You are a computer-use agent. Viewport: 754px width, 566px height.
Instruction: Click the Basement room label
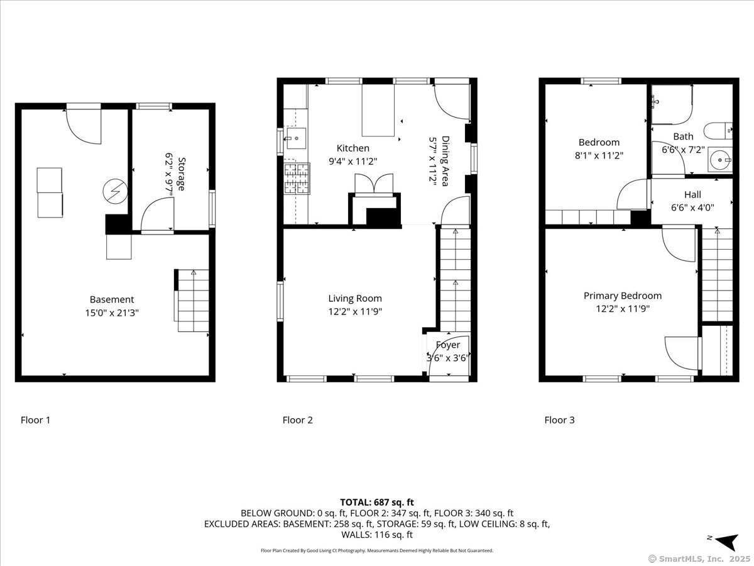(112, 299)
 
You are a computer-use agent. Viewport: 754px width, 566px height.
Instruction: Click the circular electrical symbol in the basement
(116, 191)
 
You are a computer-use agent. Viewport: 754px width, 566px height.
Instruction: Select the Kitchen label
(352, 148)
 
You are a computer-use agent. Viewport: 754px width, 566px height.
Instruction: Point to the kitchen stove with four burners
(297, 179)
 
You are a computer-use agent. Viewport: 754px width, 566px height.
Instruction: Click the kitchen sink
(296, 138)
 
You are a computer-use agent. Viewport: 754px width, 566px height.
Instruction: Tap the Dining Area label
(445, 161)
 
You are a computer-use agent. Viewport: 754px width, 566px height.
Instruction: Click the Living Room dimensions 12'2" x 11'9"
(355, 311)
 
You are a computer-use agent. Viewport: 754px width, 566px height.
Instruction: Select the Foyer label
(447, 345)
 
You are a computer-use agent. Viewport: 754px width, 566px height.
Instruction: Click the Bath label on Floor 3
(683, 136)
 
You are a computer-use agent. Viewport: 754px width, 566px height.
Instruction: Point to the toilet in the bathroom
(718, 130)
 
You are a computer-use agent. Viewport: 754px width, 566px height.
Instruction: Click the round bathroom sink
(719, 160)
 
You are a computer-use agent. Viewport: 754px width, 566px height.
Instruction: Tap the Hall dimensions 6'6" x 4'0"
(692, 208)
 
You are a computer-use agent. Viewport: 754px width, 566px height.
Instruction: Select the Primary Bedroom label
(623, 296)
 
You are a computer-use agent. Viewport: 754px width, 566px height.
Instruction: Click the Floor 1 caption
(35, 420)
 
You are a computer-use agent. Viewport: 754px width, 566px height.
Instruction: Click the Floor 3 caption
(559, 420)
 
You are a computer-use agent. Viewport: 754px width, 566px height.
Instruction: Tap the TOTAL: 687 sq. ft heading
(377, 502)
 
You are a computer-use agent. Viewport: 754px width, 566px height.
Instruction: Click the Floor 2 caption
(297, 420)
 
